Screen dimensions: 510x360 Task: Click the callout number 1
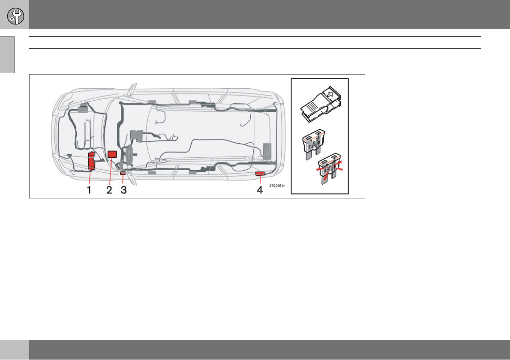pyautogui.click(x=89, y=189)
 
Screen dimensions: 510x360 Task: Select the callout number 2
pyautogui.click(x=109, y=189)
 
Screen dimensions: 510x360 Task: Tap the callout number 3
pyautogui.click(x=123, y=189)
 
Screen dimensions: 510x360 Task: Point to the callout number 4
pyautogui.click(x=260, y=189)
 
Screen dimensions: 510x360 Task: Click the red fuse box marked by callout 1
pyautogui.click(x=91, y=161)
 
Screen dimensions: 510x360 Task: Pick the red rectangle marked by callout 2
pyautogui.click(x=112, y=154)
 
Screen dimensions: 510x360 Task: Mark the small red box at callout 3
pyautogui.click(x=123, y=173)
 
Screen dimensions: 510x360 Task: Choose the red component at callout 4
pyautogui.click(x=260, y=174)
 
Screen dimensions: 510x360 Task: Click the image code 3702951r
pyautogui.click(x=277, y=186)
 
